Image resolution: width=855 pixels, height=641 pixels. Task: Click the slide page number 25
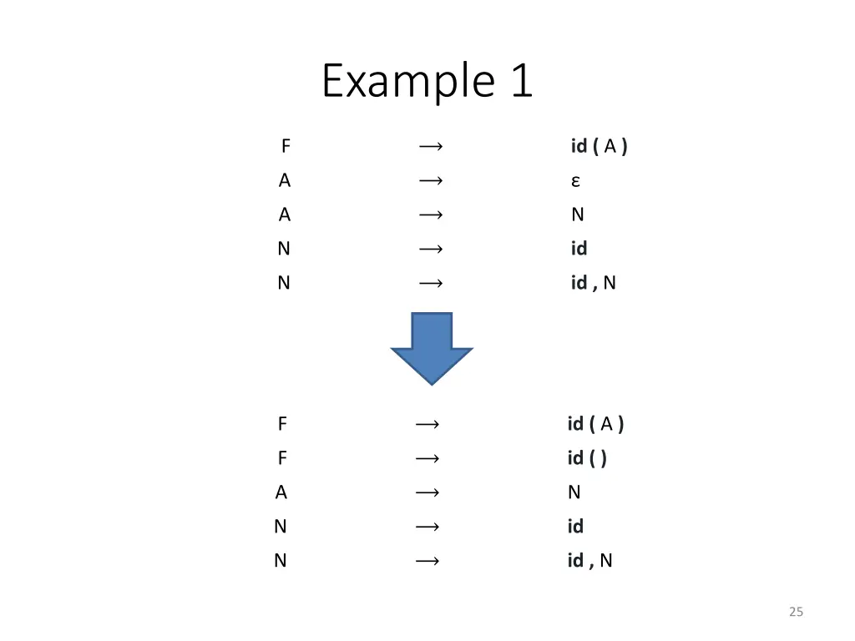tap(796, 613)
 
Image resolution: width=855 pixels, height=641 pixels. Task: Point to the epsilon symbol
tap(576, 181)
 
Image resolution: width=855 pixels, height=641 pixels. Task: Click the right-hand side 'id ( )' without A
tap(587, 458)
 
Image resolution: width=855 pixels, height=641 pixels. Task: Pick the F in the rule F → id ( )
tap(282, 458)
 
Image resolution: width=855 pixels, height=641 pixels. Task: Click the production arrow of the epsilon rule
tap(431, 181)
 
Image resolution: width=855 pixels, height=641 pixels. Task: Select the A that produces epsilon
tap(285, 181)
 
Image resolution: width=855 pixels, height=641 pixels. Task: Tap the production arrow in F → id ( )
tap(427, 458)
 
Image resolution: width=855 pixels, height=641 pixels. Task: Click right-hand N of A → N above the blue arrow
tap(577, 215)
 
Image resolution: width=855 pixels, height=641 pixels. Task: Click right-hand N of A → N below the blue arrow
tap(574, 492)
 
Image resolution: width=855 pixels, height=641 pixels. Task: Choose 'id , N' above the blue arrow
tap(593, 283)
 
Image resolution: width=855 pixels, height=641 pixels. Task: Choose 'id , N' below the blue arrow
tap(589, 560)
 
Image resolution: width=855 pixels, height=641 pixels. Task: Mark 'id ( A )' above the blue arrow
tap(599, 147)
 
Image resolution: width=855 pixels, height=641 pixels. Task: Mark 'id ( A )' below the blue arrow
tap(595, 424)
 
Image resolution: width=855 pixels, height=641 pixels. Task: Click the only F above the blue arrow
tap(286, 147)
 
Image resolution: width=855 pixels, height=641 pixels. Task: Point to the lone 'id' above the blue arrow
tap(579, 249)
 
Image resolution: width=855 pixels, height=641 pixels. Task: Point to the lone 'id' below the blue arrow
tap(575, 526)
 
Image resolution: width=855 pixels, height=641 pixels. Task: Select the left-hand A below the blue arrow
tap(281, 492)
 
